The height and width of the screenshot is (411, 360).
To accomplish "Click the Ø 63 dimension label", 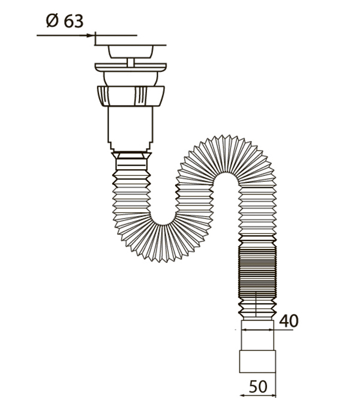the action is pos(65,21).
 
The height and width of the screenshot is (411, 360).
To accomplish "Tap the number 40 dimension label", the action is pos(289,320).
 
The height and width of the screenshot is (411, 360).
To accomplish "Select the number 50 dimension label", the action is pos(258,386).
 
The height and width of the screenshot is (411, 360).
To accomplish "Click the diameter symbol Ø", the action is pos(52,21).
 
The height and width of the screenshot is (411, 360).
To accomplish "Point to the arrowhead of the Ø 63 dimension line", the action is pos(91,35).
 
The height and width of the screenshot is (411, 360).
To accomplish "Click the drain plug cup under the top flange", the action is pos(131,52).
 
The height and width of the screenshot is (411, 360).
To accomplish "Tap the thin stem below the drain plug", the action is pos(131,62).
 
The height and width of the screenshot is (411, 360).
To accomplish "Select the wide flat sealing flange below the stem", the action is pos(131,67).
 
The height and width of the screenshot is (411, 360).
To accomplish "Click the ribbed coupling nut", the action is pos(131,96).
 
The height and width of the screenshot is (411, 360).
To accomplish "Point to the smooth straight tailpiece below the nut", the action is pos(130,127).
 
